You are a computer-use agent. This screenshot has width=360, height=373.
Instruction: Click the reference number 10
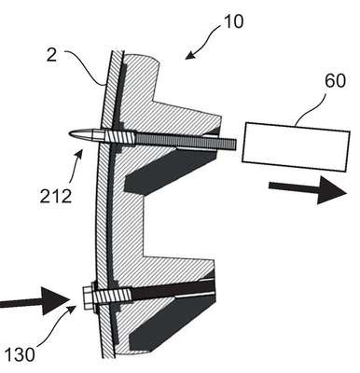pyautogui.click(x=233, y=21)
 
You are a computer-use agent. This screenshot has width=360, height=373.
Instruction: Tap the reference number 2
pyautogui.click(x=51, y=55)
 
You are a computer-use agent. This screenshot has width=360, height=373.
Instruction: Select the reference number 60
pyautogui.click(x=335, y=81)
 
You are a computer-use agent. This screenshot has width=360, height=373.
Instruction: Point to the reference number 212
pyautogui.click(x=56, y=196)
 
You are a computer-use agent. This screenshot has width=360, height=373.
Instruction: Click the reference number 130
pyautogui.click(x=20, y=354)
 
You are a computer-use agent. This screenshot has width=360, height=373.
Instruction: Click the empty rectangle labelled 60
pyautogui.click(x=296, y=147)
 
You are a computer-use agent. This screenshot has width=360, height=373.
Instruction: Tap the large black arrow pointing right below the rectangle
pyautogui.click(x=308, y=189)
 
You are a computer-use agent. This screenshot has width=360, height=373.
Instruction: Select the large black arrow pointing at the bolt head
pyautogui.click(x=35, y=301)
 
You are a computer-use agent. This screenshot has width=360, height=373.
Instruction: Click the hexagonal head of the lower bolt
pyautogui.click(x=89, y=297)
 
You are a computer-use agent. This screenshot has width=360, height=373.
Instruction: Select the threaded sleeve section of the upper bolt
pyautogui.click(x=120, y=137)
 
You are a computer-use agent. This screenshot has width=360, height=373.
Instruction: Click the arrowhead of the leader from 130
pyautogui.click(x=72, y=310)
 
